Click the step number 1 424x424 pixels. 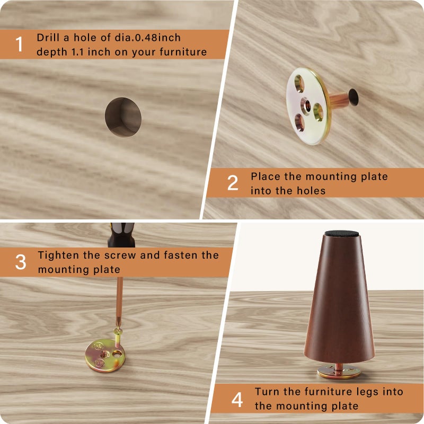19,44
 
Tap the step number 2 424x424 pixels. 233,183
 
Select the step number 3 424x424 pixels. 21,262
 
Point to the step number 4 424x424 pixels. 237,400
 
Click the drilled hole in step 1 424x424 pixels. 123,117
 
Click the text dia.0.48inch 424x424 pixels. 148,38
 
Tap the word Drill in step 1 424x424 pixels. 48,38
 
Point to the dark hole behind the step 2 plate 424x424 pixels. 353,96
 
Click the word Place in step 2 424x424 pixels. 266,176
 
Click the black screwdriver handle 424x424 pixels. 121,235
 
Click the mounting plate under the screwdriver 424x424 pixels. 105,355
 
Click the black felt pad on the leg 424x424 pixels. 341,234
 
